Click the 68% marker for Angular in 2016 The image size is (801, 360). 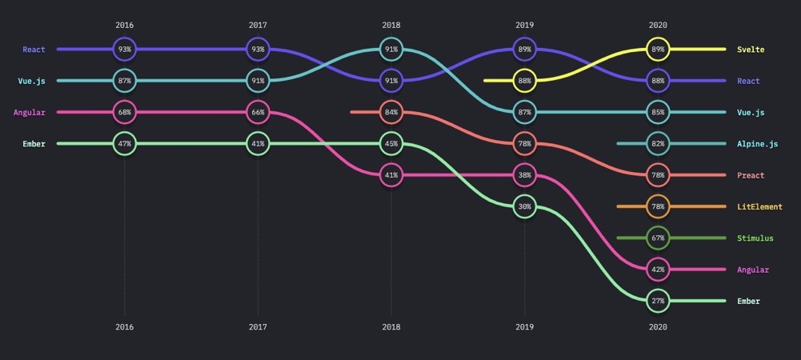point(125,112)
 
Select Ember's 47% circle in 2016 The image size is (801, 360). point(125,143)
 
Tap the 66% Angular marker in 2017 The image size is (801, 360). point(258,112)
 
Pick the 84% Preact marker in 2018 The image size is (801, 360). point(391,112)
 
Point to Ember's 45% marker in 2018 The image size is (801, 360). point(391,143)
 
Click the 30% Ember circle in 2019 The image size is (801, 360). point(524,206)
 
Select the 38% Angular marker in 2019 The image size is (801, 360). point(524,174)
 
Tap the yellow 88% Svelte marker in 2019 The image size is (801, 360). point(524,81)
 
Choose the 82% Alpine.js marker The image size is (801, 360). point(658,143)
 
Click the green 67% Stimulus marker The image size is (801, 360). point(658,238)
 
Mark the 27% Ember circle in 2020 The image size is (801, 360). point(658,301)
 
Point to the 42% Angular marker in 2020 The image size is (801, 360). point(658,270)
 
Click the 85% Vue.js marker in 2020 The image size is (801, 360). point(658,112)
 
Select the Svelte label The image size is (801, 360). point(750,50)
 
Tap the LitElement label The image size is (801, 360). point(759,206)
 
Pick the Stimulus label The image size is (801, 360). point(755,238)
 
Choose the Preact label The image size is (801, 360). point(751,175)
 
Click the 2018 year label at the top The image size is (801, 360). point(391,25)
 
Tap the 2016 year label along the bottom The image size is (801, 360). point(125,327)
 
